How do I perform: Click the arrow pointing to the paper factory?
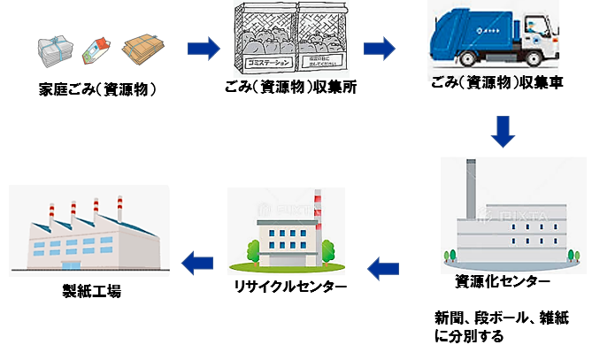point(199,259)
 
